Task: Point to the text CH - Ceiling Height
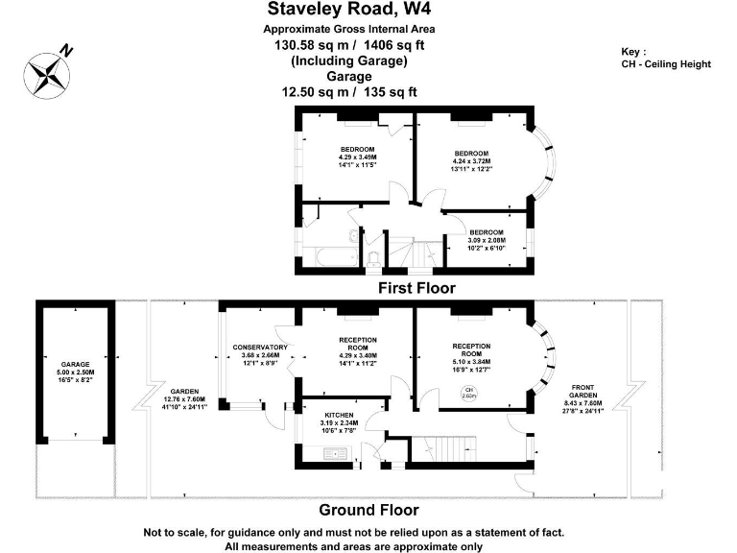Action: click(666, 64)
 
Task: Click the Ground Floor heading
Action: click(368, 510)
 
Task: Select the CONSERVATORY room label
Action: click(260, 347)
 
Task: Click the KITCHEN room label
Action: click(341, 413)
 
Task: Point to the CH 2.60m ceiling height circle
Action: click(468, 392)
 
